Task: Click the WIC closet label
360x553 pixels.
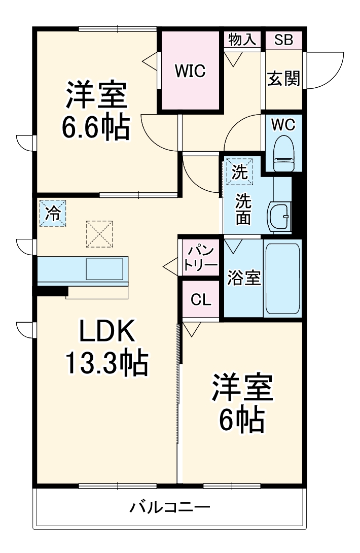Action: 190,72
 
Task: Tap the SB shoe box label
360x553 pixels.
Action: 284,40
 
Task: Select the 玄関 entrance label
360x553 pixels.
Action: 284,78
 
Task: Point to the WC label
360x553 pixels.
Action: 283,124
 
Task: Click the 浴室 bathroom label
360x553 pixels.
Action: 244,278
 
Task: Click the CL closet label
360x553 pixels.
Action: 201,299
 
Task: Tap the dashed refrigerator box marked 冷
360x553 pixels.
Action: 53,214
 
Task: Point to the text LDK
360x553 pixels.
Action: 106,332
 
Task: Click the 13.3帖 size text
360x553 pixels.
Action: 106,362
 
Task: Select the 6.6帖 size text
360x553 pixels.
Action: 95,127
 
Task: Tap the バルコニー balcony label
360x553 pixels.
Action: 169,507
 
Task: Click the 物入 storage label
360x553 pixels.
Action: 242,40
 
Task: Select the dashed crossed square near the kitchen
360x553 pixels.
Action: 99,234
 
